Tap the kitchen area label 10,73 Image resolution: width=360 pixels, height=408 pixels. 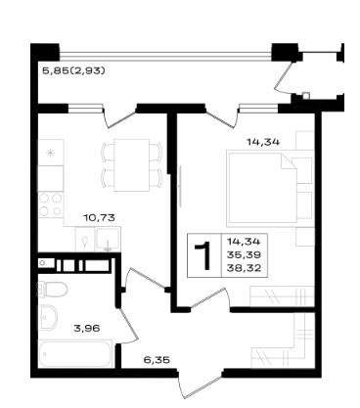100,217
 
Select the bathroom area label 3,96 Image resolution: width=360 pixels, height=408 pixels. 87,328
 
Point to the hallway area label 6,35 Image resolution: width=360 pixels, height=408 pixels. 157,360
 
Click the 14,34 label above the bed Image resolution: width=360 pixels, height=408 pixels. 263,142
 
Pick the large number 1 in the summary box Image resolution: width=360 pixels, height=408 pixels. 203,256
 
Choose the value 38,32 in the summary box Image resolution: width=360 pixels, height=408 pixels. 245,268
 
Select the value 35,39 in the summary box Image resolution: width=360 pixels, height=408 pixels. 245,254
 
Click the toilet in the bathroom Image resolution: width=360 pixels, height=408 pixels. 53,290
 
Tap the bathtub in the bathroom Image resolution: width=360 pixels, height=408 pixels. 75,353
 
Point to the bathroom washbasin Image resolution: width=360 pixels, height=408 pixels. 47,318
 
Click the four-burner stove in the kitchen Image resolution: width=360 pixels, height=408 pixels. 51,204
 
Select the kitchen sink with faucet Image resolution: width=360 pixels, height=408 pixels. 108,239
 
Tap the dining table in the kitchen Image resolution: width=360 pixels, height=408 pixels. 132,165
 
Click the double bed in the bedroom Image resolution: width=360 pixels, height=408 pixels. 261,188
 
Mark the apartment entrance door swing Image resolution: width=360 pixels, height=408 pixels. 200,384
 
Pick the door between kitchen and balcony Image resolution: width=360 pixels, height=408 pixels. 119,116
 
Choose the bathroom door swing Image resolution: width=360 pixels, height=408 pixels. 127,326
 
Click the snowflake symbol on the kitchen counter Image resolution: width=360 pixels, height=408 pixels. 50,153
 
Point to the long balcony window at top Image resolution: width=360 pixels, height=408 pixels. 165,56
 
